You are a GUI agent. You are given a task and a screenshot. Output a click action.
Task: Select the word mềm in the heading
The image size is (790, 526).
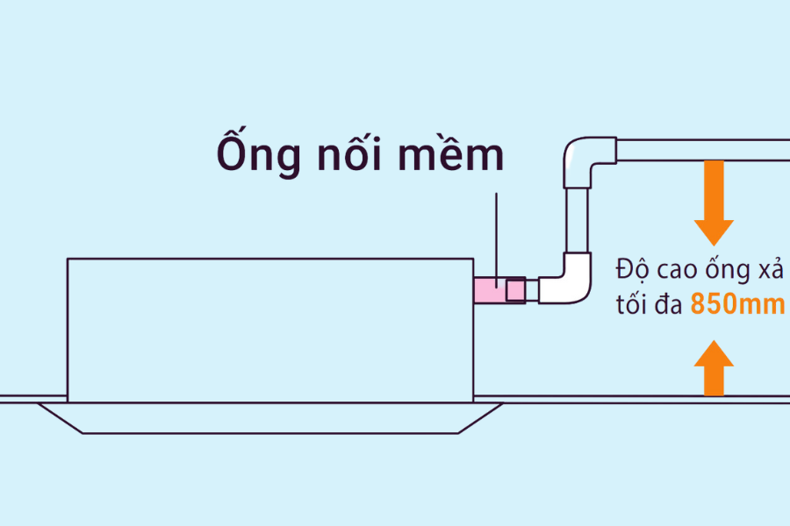point(456,155)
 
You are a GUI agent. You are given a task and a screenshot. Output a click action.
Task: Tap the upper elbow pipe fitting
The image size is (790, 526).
point(584,156)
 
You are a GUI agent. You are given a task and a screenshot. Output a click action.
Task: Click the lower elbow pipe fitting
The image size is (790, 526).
point(568,281)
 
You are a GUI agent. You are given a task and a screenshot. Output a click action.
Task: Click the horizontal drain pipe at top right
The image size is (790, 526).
point(702,150)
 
